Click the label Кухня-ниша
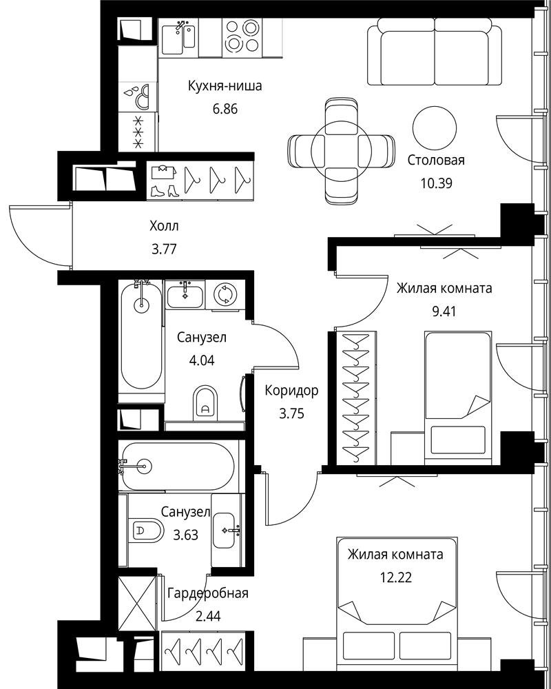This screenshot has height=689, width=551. pyautogui.click(x=225, y=85)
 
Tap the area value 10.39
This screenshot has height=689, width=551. pyautogui.click(x=436, y=183)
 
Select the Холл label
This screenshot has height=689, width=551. pyautogui.click(x=165, y=227)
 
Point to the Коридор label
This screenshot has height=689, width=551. pyautogui.click(x=291, y=391)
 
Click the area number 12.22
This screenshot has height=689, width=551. pyautogui.click(x=396, y=577)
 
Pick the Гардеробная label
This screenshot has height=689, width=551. pyautogui.click(x=208, y=593)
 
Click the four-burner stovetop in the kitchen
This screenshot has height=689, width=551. pyautogui.click(x=241, y=37)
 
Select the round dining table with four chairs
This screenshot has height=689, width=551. pyautogui.click(x=342, y=151)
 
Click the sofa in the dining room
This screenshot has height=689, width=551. pyautogui.click(x=434, y=52)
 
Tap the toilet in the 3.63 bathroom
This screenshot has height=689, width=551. pyautogui.click(x=146, y=530)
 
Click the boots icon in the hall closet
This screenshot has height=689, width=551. pyautogui.click(x=163, y=191)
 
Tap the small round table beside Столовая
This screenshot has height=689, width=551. pyautogui.click(x=435, y=128)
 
